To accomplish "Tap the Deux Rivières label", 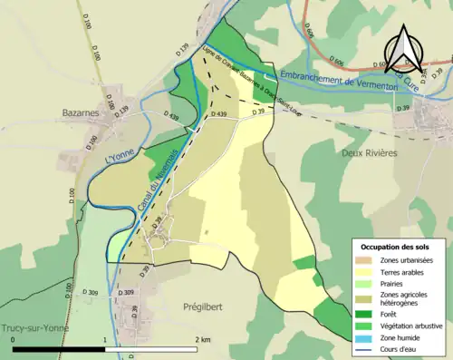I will coord(368,153).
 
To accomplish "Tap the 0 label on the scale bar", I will coord(13,339).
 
